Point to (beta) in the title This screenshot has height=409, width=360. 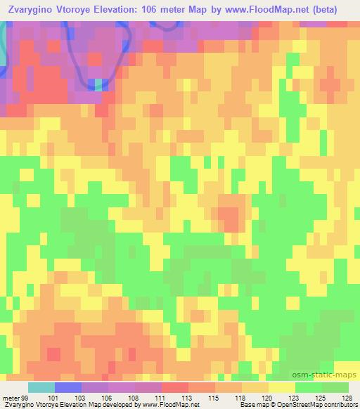[x=337, y=11]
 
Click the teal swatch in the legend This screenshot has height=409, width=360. [x=41, y=388]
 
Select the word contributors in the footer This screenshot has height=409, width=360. [x=342, y=404]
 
